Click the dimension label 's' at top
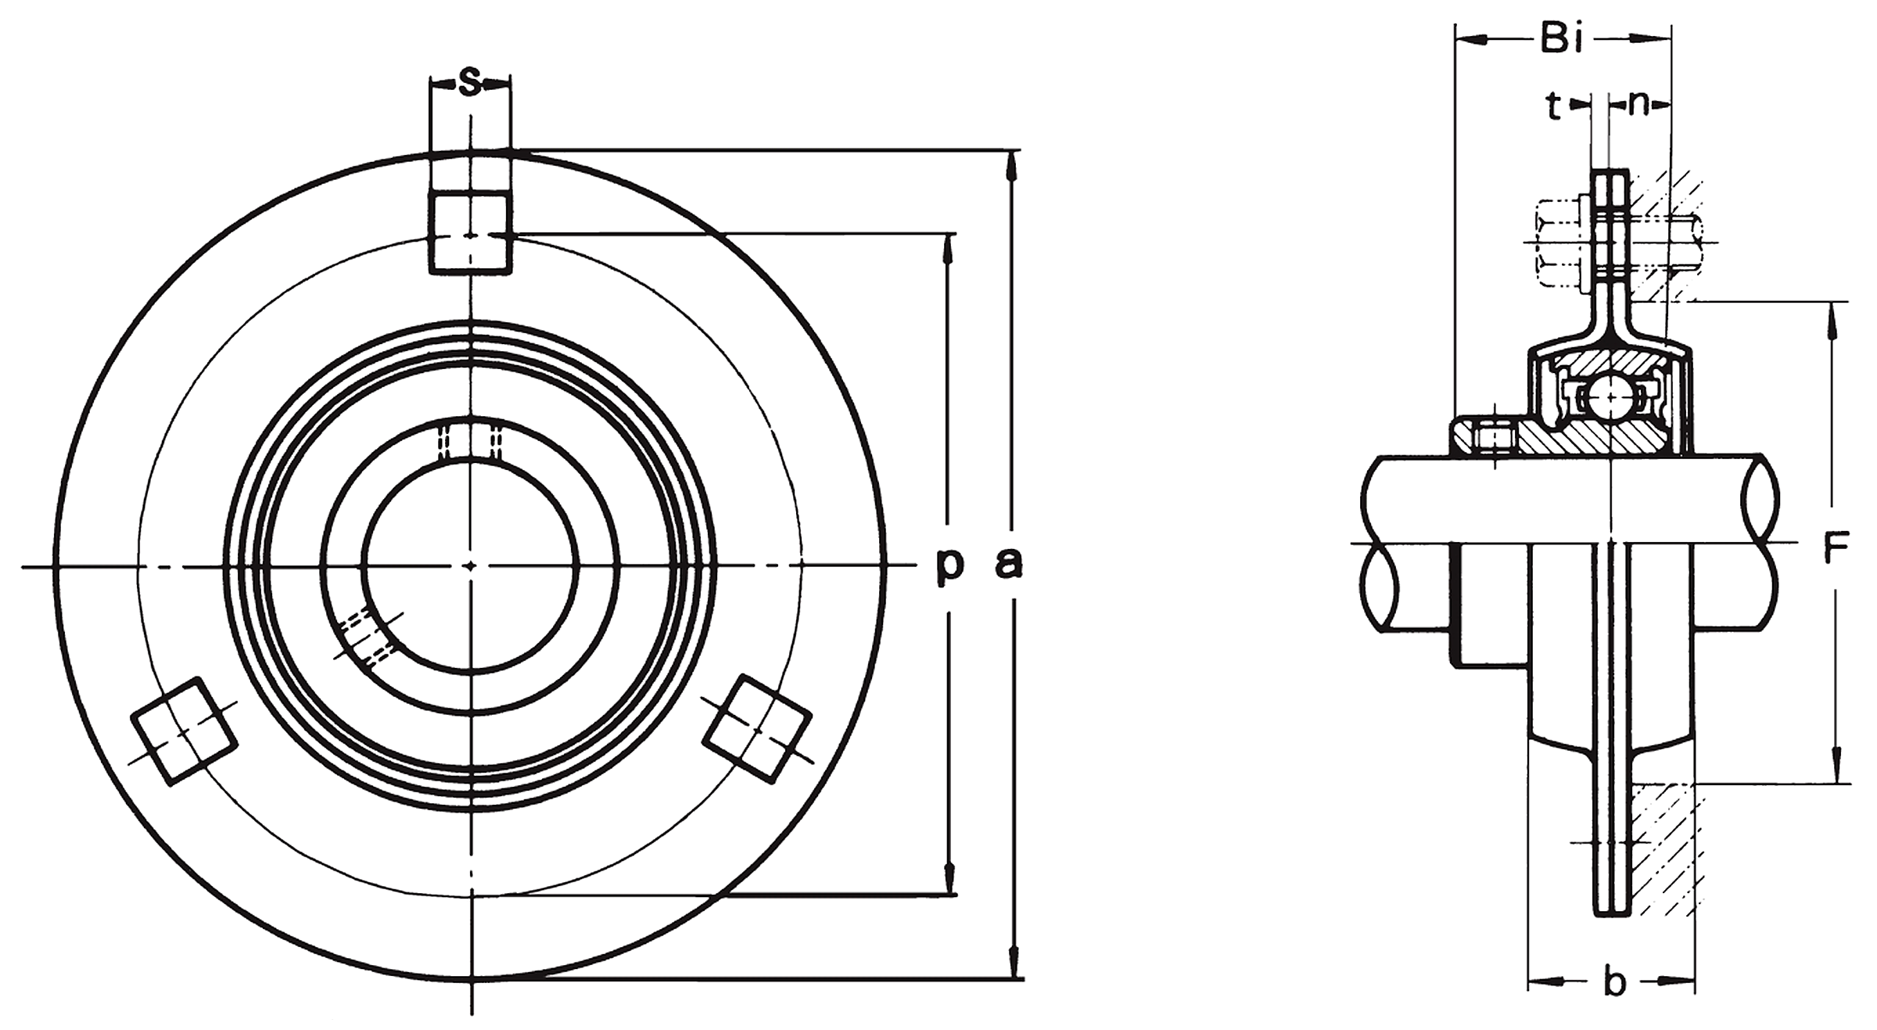pyautogui.click(x=469, y=82)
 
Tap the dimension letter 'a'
pyautogui.click(x=1009, y=565)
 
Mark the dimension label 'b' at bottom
pyautogui.click(x=1614, y=983)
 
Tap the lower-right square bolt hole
pyautogui.click(x=757, y=729)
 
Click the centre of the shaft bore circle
pyautogui.click(x=470, y=565)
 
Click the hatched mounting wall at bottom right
pyautogui.click(x=1664, y=860)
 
